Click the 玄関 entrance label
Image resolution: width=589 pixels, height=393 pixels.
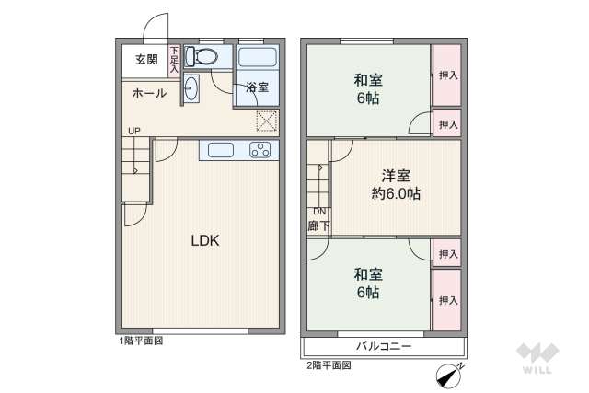tap(146, 60)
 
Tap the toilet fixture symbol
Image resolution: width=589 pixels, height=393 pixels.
tap(201, 57)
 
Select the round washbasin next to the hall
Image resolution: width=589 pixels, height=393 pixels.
tap(191, 88)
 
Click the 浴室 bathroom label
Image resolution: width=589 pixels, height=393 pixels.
tap(257, 87)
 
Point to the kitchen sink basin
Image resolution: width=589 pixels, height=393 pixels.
tap(221, 151)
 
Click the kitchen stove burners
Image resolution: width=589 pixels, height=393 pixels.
tap(260, 151)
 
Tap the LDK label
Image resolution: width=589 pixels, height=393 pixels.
tap(204, 241)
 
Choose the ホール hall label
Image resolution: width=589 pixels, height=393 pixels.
tap(148, 93)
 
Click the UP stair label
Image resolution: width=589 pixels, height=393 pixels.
tap(134, 130)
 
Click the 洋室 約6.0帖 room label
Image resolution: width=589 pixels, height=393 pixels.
tap(397, 184)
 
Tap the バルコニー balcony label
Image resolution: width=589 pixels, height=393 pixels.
tap(384, 347)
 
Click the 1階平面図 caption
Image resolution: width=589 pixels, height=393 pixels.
tap(139, 341)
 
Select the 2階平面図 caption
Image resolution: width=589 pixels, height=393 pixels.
tap(328, 364)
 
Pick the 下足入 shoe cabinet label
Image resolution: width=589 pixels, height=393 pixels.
tap(174, 62)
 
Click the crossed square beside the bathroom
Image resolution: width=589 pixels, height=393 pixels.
tap(266, 120)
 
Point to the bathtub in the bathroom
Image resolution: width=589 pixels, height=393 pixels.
tap(257, 57)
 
